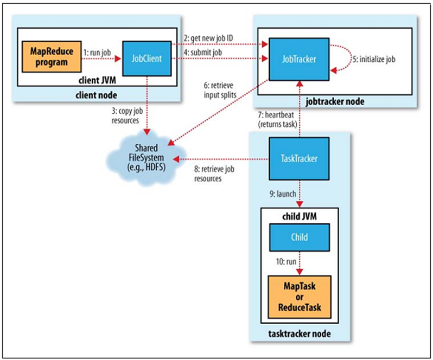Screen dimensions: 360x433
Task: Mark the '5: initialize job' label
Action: pos(372,58)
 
